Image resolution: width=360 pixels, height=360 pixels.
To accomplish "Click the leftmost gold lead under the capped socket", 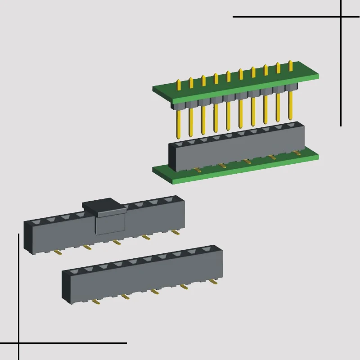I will tap(57, 252).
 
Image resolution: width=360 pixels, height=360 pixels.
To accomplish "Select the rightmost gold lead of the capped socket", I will tap(175, 232).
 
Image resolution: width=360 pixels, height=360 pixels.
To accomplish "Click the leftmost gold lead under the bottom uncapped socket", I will tap(95, 302).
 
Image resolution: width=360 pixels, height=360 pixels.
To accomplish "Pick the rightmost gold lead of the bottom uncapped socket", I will tap(213, 281).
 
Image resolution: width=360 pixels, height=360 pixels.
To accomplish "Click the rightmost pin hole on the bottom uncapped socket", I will tap(207, 248).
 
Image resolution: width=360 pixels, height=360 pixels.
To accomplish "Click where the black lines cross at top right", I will tap(341, 17).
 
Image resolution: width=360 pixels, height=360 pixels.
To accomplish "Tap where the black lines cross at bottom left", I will tap(18, 343).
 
